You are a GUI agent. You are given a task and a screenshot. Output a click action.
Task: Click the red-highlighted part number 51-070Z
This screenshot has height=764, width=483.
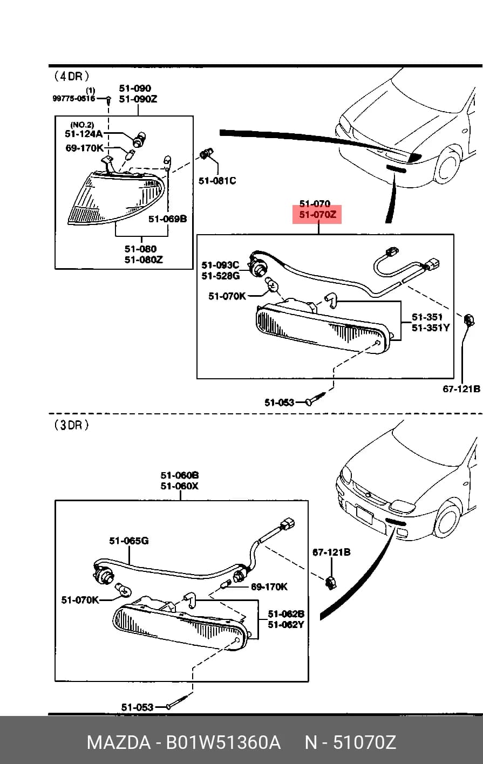(317, 215)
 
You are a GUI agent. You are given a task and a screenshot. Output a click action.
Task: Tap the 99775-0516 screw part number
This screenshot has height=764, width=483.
(74, 99)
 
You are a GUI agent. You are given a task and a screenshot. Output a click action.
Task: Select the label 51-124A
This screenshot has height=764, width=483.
(84, 134)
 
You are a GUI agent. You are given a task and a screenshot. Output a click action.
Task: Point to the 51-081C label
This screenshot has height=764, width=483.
(217, 180)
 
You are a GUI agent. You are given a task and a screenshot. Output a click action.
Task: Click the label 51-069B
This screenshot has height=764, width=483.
(167, 219)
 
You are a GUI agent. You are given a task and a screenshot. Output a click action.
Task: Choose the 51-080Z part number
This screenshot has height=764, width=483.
(144, 260)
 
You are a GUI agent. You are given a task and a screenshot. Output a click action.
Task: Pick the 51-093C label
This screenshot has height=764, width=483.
(220, 265)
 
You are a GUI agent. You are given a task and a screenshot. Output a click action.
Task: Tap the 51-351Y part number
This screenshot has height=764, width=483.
(431, 328)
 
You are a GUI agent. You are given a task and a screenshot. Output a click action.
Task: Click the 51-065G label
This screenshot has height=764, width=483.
(129, 541)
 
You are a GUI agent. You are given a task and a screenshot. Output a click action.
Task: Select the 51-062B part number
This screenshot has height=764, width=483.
(286, 614)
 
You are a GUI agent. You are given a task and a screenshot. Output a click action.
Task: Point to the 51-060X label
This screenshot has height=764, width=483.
(179, 486)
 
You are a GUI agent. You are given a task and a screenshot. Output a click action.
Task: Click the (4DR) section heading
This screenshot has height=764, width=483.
(72, 76)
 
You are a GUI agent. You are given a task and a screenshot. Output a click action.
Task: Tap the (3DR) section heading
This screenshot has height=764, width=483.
(71, 425)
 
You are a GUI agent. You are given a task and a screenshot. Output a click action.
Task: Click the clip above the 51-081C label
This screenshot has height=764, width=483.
(207, 153)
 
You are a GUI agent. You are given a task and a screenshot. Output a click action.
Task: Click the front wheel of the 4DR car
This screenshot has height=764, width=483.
(448, 166)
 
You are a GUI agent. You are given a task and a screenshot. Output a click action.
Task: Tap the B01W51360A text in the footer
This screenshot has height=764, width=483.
(223, 742)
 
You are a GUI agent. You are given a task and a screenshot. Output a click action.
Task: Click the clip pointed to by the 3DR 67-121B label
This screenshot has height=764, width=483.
(330, 582)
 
